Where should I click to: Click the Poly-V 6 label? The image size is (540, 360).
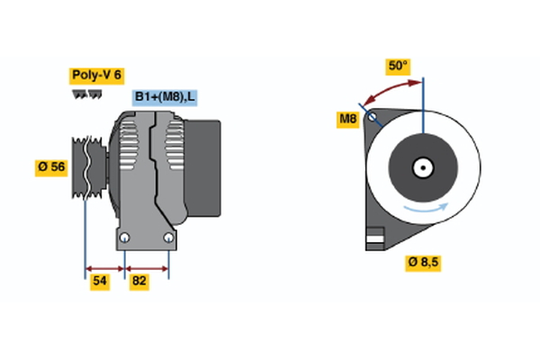pyautogui.click(x=95, y=75)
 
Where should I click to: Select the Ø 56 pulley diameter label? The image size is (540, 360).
pyautogui.click(x=51, y=167)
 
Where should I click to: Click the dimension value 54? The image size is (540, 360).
pyautogui.click(x=100, y=282)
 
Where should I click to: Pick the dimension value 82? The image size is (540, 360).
pyautogui.click(x=139, y=282)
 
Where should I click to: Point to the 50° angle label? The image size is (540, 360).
pyautogui.click(x=398, y=66)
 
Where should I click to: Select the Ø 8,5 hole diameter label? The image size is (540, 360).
pyautogui.click(x=423, y=263)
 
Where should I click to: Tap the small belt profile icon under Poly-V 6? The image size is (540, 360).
pyautogui.click(x=86, y=94)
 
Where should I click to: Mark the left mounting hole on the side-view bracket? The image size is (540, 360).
pyautogui.click(x=125, y=238)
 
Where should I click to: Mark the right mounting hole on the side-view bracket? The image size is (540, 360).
pyautogui.click(x=168, y=238)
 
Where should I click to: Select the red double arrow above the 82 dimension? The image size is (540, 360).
pyautogui.click(x=147, y=267)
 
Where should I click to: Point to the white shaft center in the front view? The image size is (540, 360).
pyautogui.click(x=422, y=167)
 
